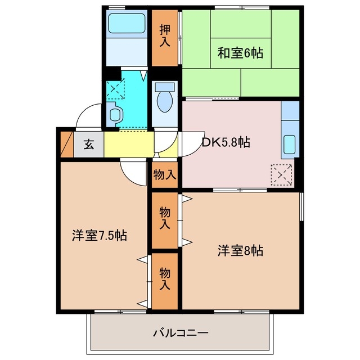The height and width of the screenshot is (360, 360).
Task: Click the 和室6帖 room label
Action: click(240, 53)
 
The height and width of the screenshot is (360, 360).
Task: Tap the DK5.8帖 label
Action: click(226, 142)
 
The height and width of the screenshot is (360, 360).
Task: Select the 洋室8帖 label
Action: click(240, 250)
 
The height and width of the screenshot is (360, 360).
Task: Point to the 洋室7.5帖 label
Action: click(99, 236)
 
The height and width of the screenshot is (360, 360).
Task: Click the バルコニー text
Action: click(181, 333)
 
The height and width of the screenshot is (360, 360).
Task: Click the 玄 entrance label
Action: click(89, 144)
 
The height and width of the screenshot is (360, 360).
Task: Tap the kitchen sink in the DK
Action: click(289, 145)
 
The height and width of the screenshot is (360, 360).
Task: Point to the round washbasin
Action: click(115, 113)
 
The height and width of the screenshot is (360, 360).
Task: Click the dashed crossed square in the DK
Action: click(281, 174)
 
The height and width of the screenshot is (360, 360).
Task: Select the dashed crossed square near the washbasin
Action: click(115, 88)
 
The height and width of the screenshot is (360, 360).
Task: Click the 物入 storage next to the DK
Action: click(165, 175)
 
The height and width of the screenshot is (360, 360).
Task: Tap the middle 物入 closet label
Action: click(165, 218)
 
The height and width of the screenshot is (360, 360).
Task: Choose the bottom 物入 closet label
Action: click(165, 278)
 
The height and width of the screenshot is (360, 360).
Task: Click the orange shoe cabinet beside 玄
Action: click(67, 144)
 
